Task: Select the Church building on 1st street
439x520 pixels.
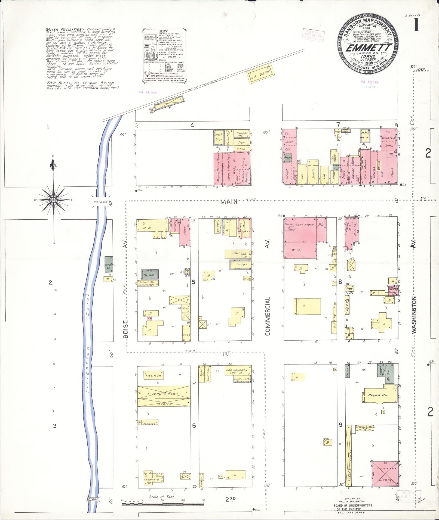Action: (154, 375)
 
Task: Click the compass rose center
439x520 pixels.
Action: (53, 200)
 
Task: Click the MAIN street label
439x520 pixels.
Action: (229, 201)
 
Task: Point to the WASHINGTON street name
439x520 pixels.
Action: (414, 315)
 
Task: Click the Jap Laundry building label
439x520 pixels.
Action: (236, 370)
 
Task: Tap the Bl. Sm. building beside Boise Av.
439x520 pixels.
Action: (149, 275)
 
